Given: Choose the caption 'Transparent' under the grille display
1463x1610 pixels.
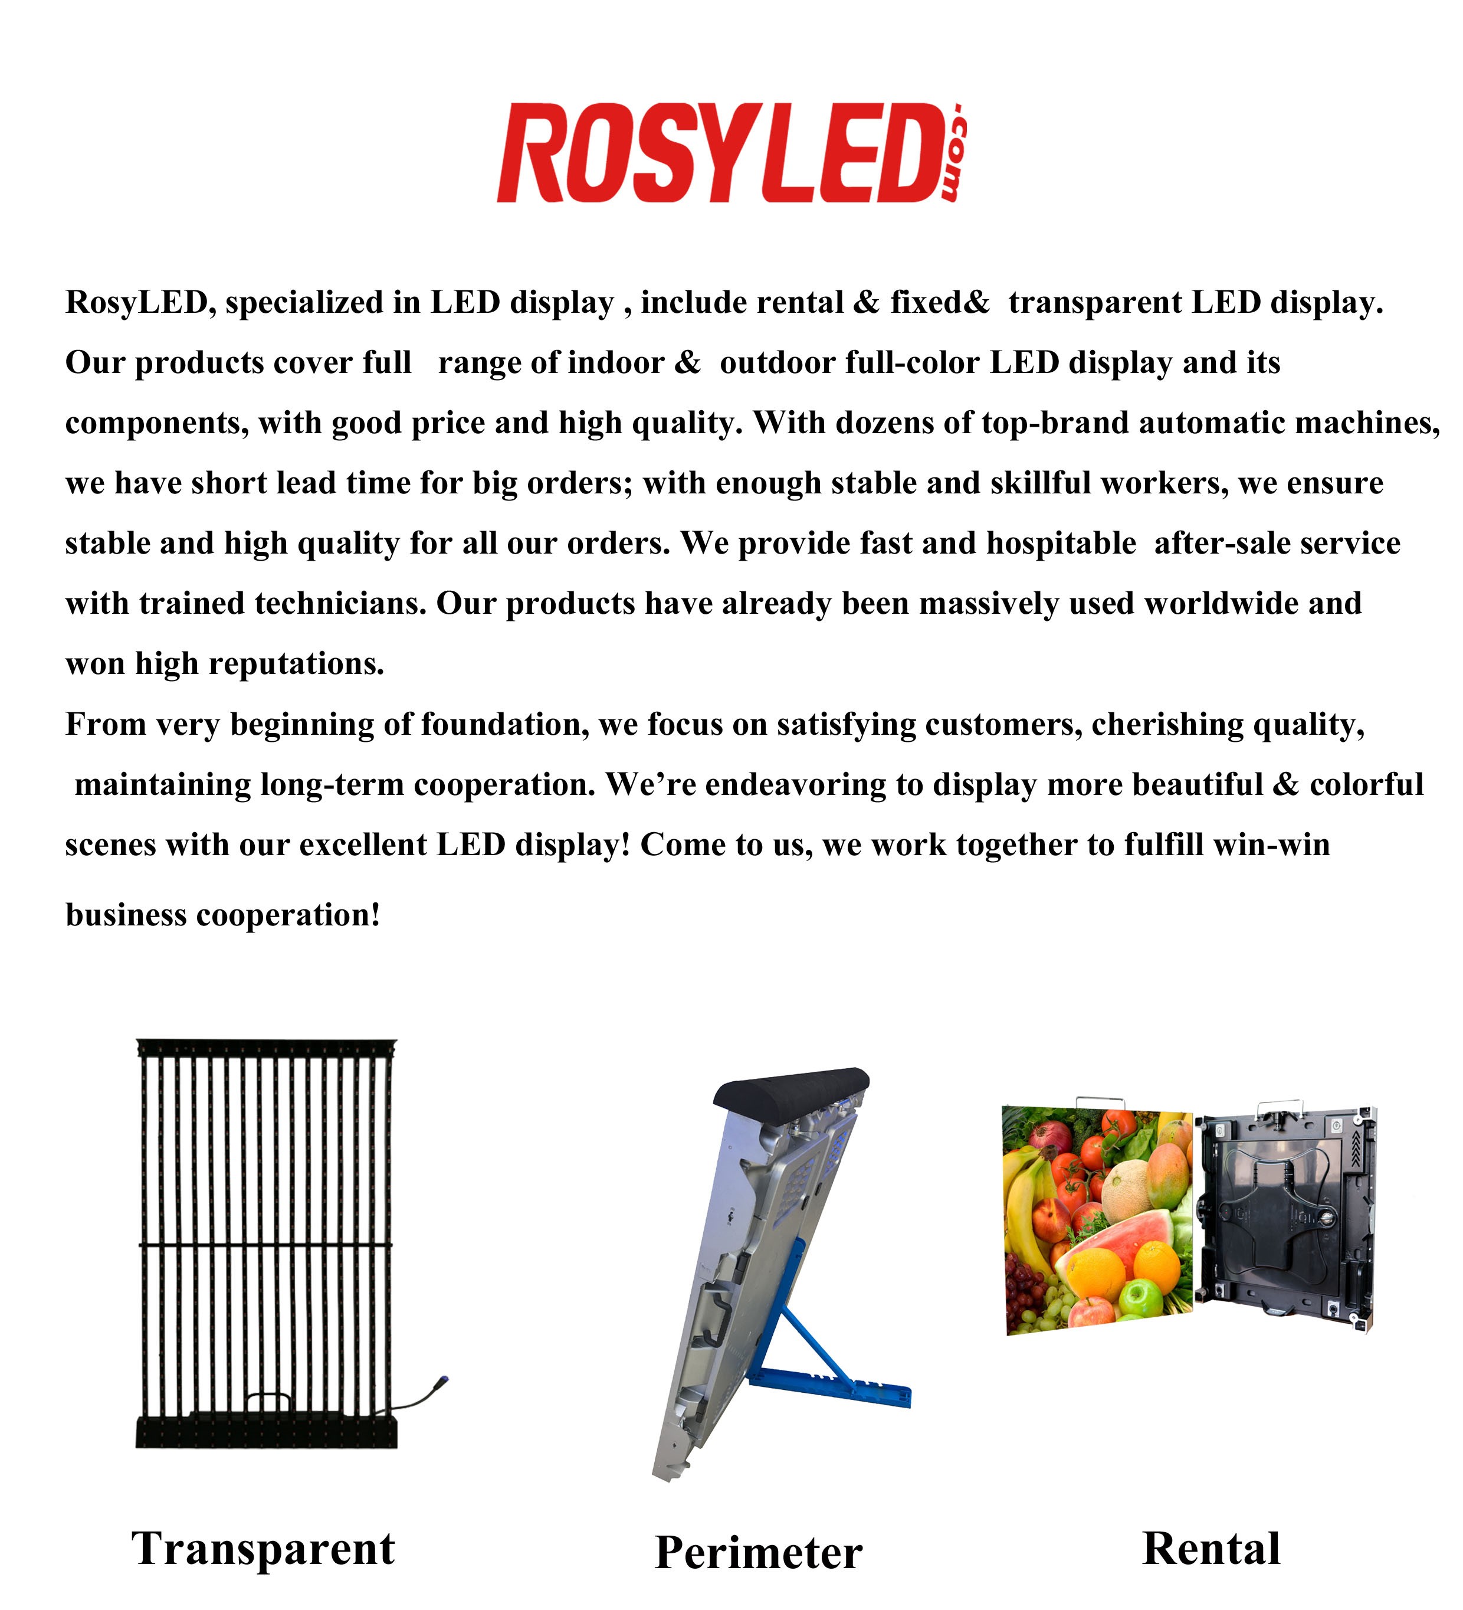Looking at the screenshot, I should click(263, 1549).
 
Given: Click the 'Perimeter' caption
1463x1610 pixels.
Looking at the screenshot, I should click(758, 1553).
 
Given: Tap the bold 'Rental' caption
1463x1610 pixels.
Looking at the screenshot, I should click(1211, 1549).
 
